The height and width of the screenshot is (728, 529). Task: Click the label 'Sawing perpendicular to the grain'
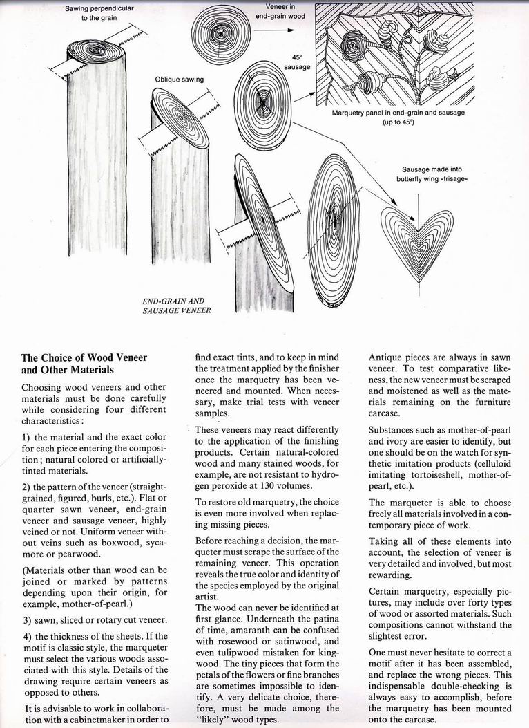pyautogui.click(x=99, y=12)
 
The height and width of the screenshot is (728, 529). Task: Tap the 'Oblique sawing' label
pyautogui.click(x=180, y=79)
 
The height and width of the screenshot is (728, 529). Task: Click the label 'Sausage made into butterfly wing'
pyautogui.click(x=432, y=174)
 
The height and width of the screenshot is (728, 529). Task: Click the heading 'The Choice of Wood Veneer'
pyautogui.click(x=85, y=357)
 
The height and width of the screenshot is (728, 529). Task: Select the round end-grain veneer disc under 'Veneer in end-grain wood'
pyautogui.click(x=222, y=35)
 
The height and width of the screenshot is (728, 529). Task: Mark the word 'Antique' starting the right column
pyautogui.click(x=388, y=357)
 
